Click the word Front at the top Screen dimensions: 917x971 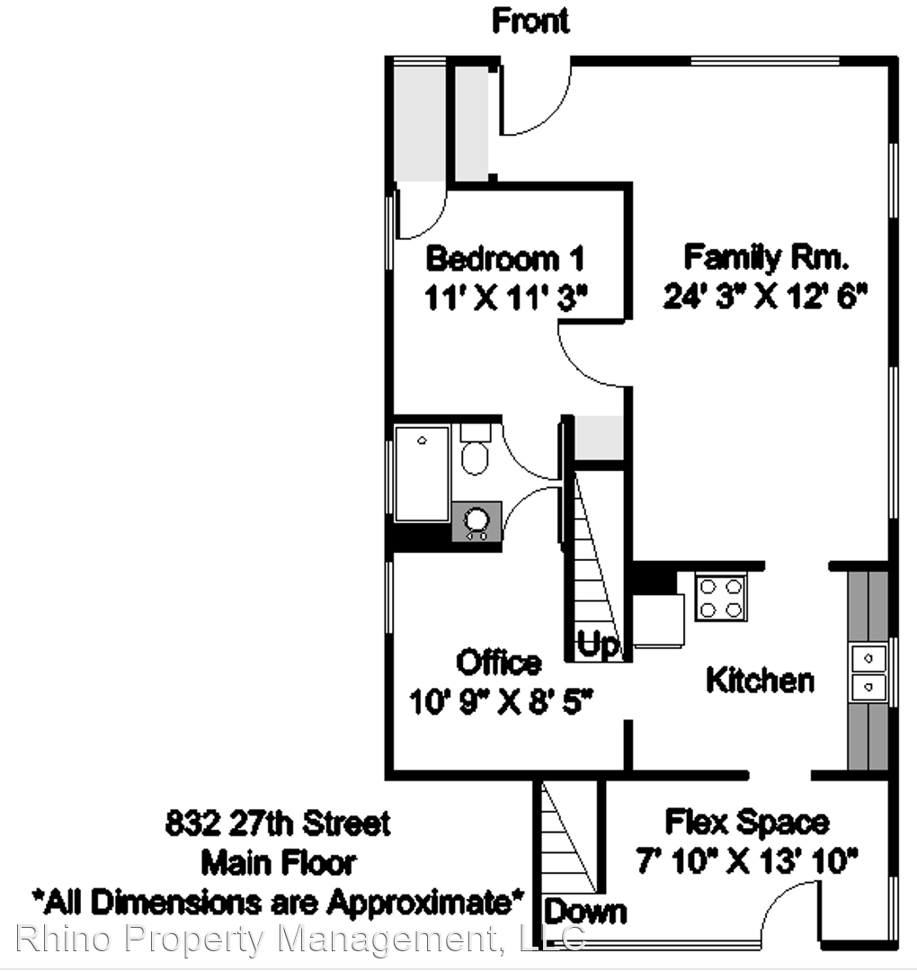530,21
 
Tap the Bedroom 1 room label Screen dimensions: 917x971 504,258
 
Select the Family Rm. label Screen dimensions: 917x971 765,257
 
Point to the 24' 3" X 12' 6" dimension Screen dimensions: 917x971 765,296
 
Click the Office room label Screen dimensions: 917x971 498,663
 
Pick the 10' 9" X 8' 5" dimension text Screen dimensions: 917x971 501,702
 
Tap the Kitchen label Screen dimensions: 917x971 760,681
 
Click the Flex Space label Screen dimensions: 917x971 747,823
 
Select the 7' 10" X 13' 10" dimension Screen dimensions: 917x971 747,860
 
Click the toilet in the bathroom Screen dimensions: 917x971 475,450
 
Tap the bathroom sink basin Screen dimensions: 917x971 476,520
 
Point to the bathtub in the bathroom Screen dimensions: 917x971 423,474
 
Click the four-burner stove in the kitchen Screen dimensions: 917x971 721,598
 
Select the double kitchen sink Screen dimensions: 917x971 868,673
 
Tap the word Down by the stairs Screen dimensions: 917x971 585,912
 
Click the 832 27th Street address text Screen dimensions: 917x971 278,823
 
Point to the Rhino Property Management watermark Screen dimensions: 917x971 300,938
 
